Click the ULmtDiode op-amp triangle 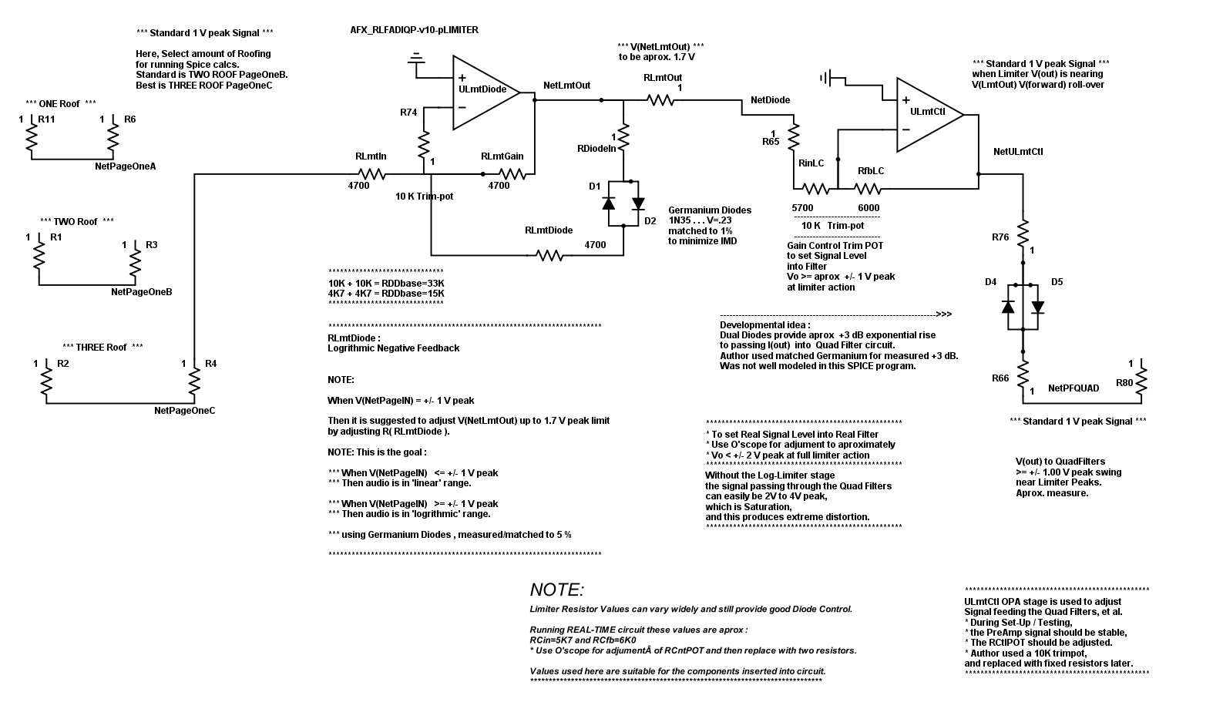485,92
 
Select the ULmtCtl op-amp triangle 929,115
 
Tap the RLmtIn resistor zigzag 371,174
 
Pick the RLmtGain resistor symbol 512,174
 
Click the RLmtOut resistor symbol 660,100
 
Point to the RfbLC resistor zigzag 867,189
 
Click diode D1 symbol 609,203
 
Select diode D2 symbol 638,203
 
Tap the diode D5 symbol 1037,307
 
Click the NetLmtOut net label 566,86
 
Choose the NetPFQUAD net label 1073,388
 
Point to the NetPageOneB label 141,292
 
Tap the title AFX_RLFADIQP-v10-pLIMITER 415,30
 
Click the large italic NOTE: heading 557,590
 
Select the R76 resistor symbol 1023,234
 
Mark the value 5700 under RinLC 802,208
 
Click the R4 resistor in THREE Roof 194,381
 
